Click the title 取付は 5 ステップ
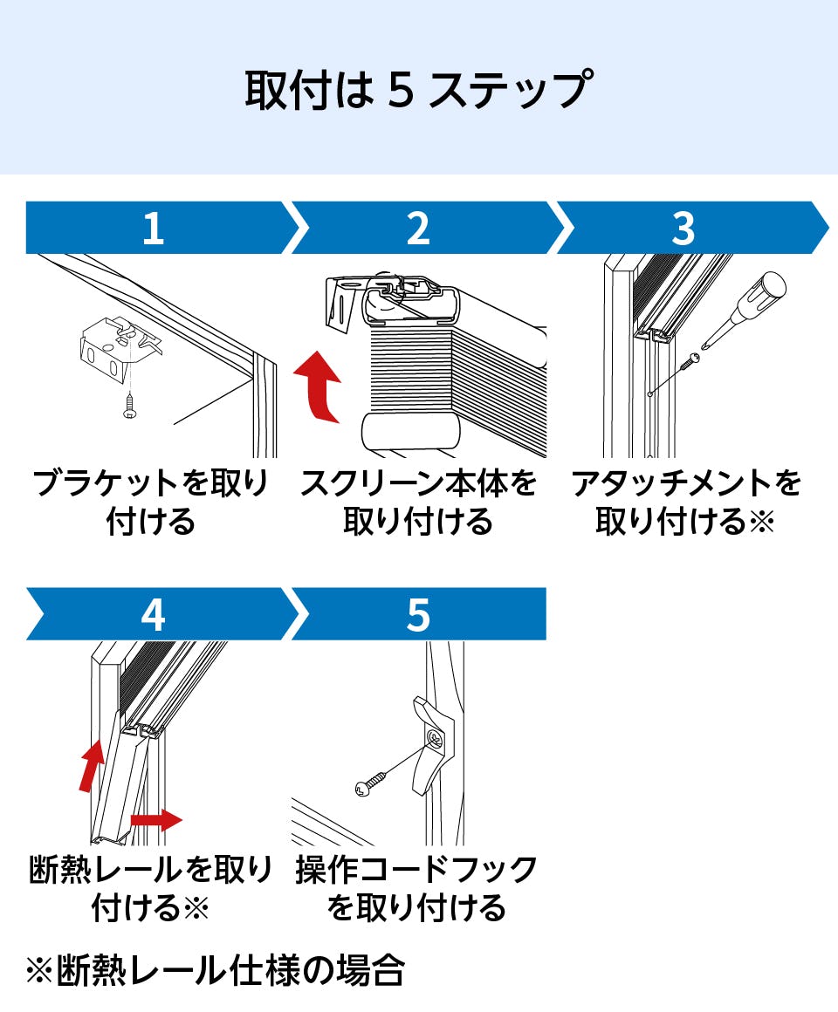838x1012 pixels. pyautogui.click(x=418, y=90)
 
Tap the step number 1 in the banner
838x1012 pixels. pyautogui.click(x=153, y=229)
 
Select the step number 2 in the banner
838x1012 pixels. pyautogui.click(x=418, y=229)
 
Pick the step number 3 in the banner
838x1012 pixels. pyautogui.click(x=683, y=229)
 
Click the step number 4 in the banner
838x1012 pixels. pyautogui.click(x=153, y=616)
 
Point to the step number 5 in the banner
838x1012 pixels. pyautogui.click(x=418, y=616)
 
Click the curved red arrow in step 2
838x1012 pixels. pyautogui.click(x=319, y=387)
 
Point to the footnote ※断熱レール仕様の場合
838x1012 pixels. pyautogui.click(x=216, y=970)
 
